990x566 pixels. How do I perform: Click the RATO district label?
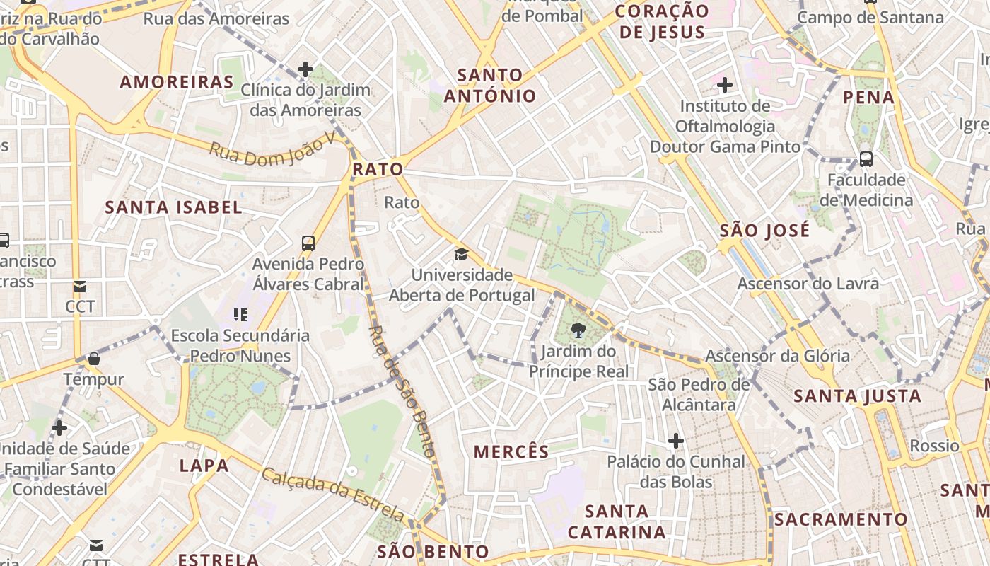pyautogui.click(x=378, y=170)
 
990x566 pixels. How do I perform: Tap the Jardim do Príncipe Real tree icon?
pyautogui.click(x=578, y=329)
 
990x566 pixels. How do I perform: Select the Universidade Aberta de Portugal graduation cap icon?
pyautogui.click(x=461, y=255)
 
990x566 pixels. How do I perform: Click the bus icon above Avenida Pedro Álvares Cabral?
pyautogui.click(x=308, y=243)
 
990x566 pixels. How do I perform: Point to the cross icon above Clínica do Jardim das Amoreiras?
pyautogui.click(x=305, y=69)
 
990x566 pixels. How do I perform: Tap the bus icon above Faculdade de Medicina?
pyautogui.click(x=866, y=159)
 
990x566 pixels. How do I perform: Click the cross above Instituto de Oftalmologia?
pyautogui.click(x=725, y=86)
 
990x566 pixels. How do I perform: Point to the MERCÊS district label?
pyautogui.click(x=511, y=452)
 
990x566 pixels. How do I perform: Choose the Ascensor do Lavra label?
pyautogui.click(x=808, y=284)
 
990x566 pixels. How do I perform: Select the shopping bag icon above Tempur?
pyautogui.click(x=94, y=359)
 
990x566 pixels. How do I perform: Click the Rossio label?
pyautogui.click(x=934, y=446)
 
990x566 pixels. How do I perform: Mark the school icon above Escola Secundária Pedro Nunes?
pyautogui.click(x=240, y=314)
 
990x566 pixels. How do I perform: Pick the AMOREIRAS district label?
pyautogui.click(x=177, y=82)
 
